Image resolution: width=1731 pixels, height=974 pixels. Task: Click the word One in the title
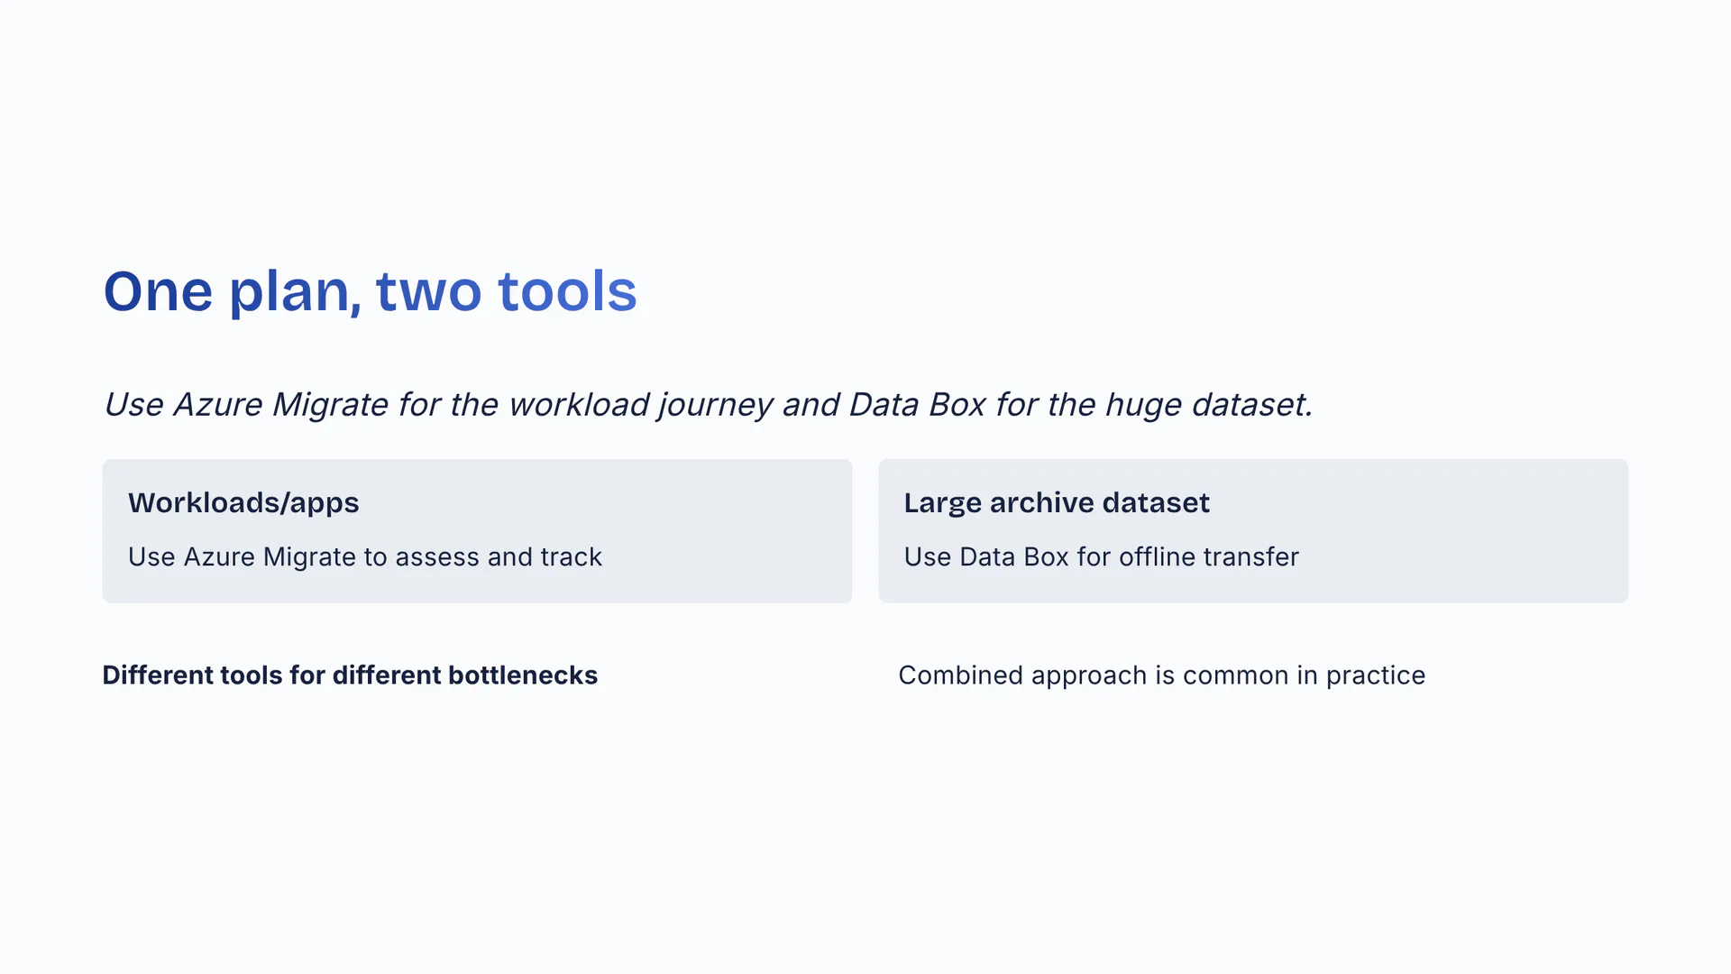tap(158, 291)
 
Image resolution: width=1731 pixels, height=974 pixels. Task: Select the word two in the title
tap(428, 292)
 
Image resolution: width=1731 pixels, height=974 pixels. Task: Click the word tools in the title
tap(567, 291)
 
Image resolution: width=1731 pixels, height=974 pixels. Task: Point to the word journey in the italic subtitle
tap(715, 405)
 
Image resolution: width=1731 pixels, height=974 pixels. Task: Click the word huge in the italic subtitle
tap(1143, 405)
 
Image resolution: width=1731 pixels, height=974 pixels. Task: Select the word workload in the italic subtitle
tap(579, 404)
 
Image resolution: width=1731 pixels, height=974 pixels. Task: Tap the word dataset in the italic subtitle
tap(1251, 404)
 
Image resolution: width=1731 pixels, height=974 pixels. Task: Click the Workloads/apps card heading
tap(243, 503)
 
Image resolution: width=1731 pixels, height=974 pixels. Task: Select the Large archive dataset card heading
tap(1057, 502)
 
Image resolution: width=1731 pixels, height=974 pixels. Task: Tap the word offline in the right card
tap(1159, 556)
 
